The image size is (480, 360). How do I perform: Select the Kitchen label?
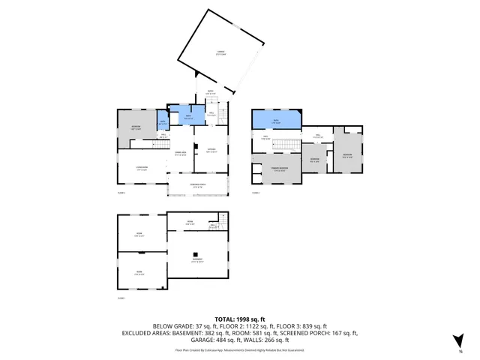[211, 150]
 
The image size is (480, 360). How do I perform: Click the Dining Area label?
[181, 154]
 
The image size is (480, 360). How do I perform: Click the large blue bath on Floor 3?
[277, 119]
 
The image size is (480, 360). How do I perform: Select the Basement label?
[198, 262]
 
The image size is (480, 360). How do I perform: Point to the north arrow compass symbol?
[457, 341]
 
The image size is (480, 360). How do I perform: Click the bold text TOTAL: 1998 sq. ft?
[240, 319]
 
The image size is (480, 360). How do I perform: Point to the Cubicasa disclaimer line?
[240, 349]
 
